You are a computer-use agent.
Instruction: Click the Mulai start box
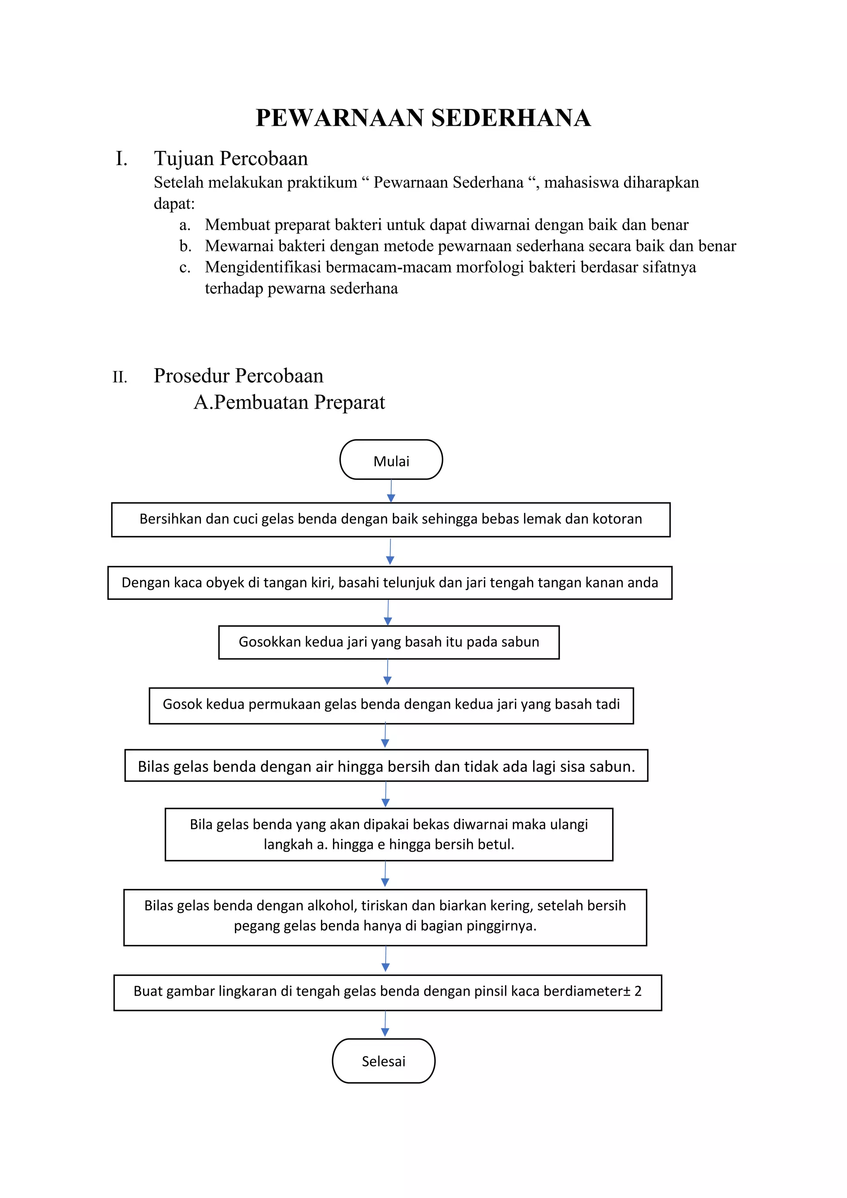(391, 460)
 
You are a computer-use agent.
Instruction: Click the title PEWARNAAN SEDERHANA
(423, 118)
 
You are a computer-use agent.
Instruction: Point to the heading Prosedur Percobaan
(238, 376)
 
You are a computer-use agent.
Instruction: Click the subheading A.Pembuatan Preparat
(290, 402)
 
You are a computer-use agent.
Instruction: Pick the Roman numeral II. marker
(120, 377)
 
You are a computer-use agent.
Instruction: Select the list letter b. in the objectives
(185, 246)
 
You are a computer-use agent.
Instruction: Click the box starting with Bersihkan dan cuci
(391, 519)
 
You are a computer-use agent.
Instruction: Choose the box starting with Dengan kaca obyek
(390, 582)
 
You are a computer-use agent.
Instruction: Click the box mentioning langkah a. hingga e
(389, 834)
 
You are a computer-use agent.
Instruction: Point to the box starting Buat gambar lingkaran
(388, 992)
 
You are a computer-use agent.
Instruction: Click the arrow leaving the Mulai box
(391, 491)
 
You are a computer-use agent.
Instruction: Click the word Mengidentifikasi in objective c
(263, 267)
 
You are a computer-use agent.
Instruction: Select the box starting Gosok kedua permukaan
(391, 704)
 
